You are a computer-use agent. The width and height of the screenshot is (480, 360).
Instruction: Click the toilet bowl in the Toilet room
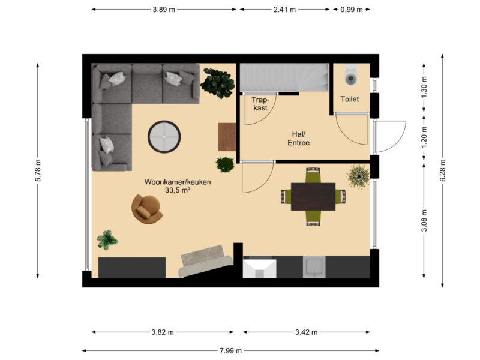(351, 75)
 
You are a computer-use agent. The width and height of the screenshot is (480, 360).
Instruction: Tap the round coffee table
(164, 137)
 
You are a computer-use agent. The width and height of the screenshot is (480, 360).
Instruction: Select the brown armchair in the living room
(146, 209)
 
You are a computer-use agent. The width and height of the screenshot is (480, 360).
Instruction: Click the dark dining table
(313, 197)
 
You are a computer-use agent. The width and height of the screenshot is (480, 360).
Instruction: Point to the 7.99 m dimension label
(230, 350)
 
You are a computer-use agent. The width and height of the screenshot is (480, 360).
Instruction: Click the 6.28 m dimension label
(443, 171)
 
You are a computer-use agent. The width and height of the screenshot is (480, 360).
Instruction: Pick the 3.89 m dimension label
(164, 10)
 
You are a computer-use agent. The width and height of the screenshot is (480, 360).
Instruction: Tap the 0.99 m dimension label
(352, 10)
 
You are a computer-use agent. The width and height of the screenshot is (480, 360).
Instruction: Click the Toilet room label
(350, 99)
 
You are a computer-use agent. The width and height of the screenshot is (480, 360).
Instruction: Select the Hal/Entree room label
(298, 139)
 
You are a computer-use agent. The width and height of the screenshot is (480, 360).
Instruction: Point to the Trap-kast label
(260, 104)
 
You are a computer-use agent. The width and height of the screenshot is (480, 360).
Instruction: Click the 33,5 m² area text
(178, 190)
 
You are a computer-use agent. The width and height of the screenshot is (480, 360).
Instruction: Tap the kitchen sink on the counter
(314, 267)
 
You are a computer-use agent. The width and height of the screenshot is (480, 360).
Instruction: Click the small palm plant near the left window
(107, 239)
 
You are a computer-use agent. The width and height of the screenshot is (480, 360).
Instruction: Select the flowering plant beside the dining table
(358, 176)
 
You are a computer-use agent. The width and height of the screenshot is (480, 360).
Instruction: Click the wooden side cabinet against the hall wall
(227, 137)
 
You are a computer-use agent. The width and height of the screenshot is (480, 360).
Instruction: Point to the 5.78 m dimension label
(38, 170)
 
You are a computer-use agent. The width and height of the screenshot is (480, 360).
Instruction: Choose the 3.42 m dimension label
(307, 332)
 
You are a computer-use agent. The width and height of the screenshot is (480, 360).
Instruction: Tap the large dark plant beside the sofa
(218, 83)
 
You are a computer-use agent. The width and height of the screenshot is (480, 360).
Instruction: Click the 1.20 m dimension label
(424, 137)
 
